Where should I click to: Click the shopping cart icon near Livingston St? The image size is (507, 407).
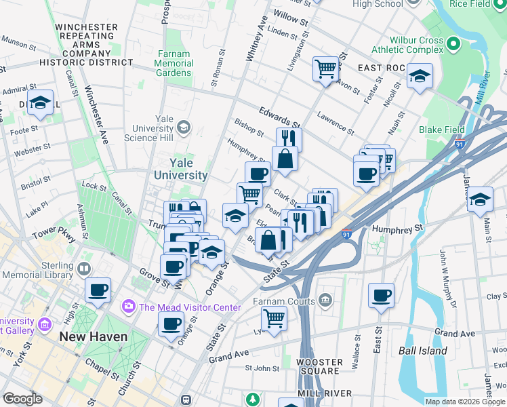[x=326, y=69]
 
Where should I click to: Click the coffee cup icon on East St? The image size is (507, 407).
[x=381, y=296]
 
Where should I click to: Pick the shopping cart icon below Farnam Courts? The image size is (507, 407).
[x=274, y=317]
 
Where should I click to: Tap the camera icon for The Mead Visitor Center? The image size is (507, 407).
[x=129, y=307]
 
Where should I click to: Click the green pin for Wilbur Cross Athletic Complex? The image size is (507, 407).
[x=453, y=45]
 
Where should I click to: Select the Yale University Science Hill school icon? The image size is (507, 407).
[x=183, y=128]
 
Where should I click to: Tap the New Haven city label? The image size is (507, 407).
[x=93, y=336]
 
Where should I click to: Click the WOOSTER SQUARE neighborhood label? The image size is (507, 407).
[x=319, y=366]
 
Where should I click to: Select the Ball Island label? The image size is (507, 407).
[x=423, y=351]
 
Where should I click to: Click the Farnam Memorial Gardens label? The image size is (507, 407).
[x=174, y=64]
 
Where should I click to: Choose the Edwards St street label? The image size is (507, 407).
[x=279, y=117]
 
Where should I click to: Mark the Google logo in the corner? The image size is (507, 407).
[x=22, y=399]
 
